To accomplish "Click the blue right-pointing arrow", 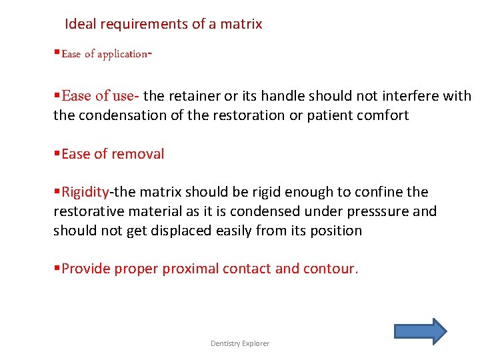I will pos(420,331).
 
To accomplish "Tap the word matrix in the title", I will pos(241,24).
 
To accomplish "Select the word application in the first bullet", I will pos(121,55).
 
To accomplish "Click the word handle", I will pos(285,96).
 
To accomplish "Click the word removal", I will pos(138,154).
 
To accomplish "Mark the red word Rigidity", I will pos(85,192).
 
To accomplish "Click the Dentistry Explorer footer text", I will pos(240,343).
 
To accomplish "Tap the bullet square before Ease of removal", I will pos(57,154).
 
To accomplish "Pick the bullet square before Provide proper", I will pos(57,269).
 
